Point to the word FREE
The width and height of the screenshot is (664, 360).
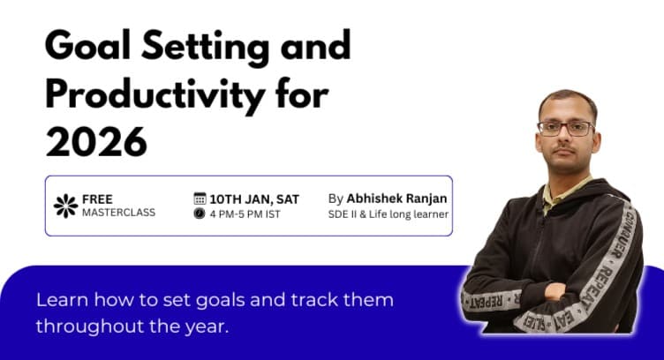tap(97, 199)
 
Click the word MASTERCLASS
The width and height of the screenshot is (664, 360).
tap(117, 214)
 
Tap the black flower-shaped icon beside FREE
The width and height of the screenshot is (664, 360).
tap(65, 206)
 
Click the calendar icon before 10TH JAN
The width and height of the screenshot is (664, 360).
tap(200, 199)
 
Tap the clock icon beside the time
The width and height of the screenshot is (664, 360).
tap(200, 214)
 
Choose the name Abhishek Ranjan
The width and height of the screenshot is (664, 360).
tap(396, 199)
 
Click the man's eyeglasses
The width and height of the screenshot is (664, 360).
tap(565, 129)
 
